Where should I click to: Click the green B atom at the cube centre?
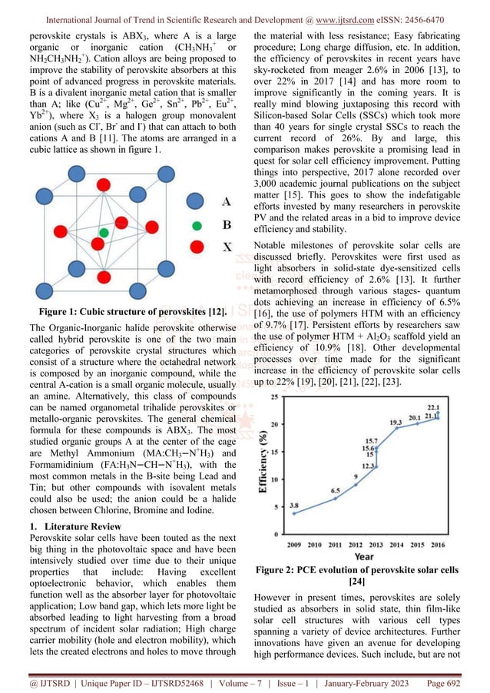pos(103,231)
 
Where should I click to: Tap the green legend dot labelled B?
pos(197,226)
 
